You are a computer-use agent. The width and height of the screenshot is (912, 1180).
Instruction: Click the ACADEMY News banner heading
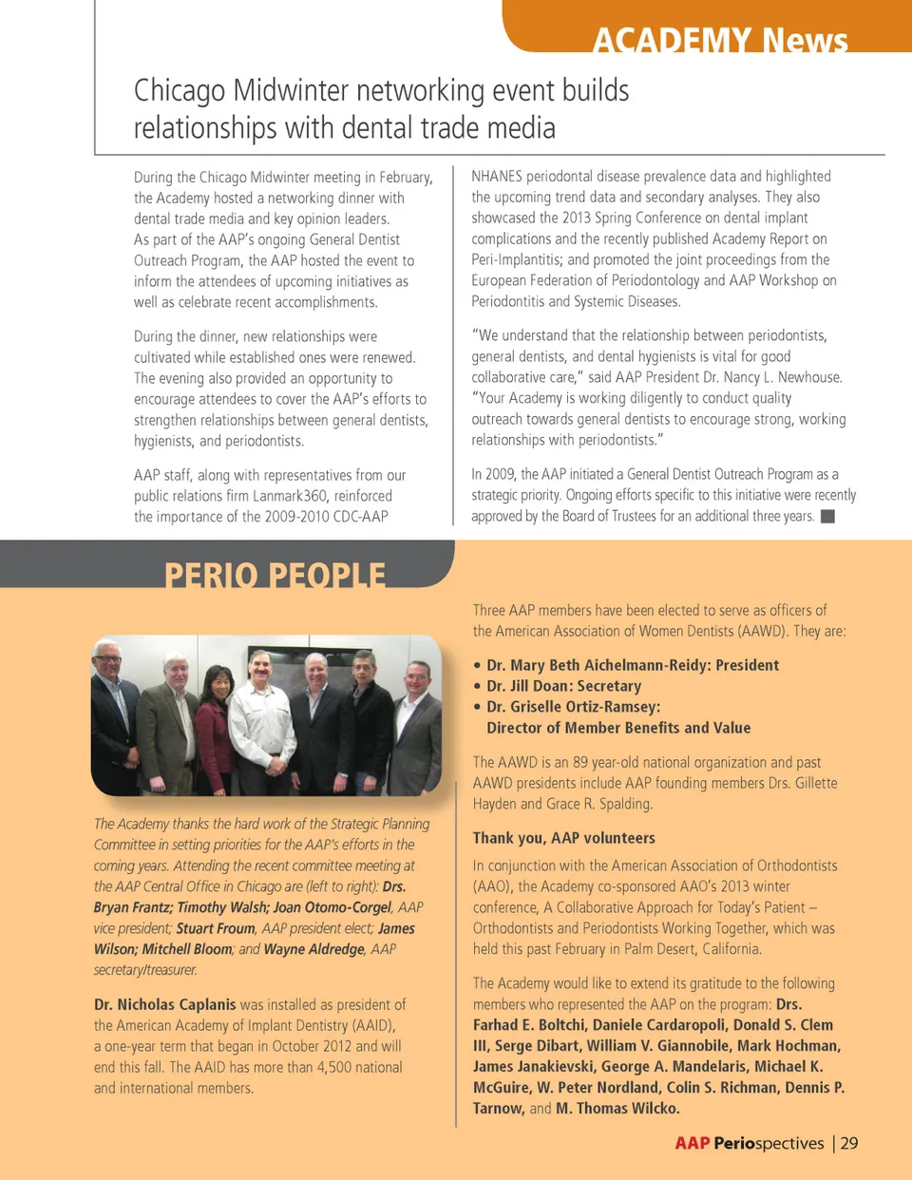pyautogui.click(x=720, y=40)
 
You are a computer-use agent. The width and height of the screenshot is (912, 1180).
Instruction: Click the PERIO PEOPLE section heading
pyautogui.click(x=275, y=575)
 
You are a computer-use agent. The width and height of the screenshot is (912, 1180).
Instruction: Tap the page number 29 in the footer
pyautogui.click(x=849, y=1143)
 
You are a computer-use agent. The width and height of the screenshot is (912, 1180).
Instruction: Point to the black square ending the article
pyautogui.click(x=827, y=516)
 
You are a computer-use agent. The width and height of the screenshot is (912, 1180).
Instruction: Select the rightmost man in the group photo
pyautogui.click(x=416, y=727)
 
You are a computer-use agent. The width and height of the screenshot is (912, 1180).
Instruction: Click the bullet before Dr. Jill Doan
pyautogui.click(x=477, y=686)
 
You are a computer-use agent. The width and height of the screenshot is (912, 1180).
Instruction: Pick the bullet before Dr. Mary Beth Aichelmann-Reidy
pyautogui.click(x=477, y=665)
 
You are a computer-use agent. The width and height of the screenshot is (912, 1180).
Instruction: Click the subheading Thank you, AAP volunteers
pyautogui.click(x=563, y=838)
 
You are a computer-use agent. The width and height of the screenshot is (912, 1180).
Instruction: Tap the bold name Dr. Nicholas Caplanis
pyautogui.click(x=164, y=1004)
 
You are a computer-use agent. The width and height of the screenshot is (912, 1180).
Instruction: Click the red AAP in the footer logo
pyautogui.click(x=693, y=1143)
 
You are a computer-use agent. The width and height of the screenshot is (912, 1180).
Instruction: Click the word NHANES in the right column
pyautogui.click(x=497, y=176)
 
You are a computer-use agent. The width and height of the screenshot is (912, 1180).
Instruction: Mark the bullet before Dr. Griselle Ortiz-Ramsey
pyautogui.click(x=477, y=707)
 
